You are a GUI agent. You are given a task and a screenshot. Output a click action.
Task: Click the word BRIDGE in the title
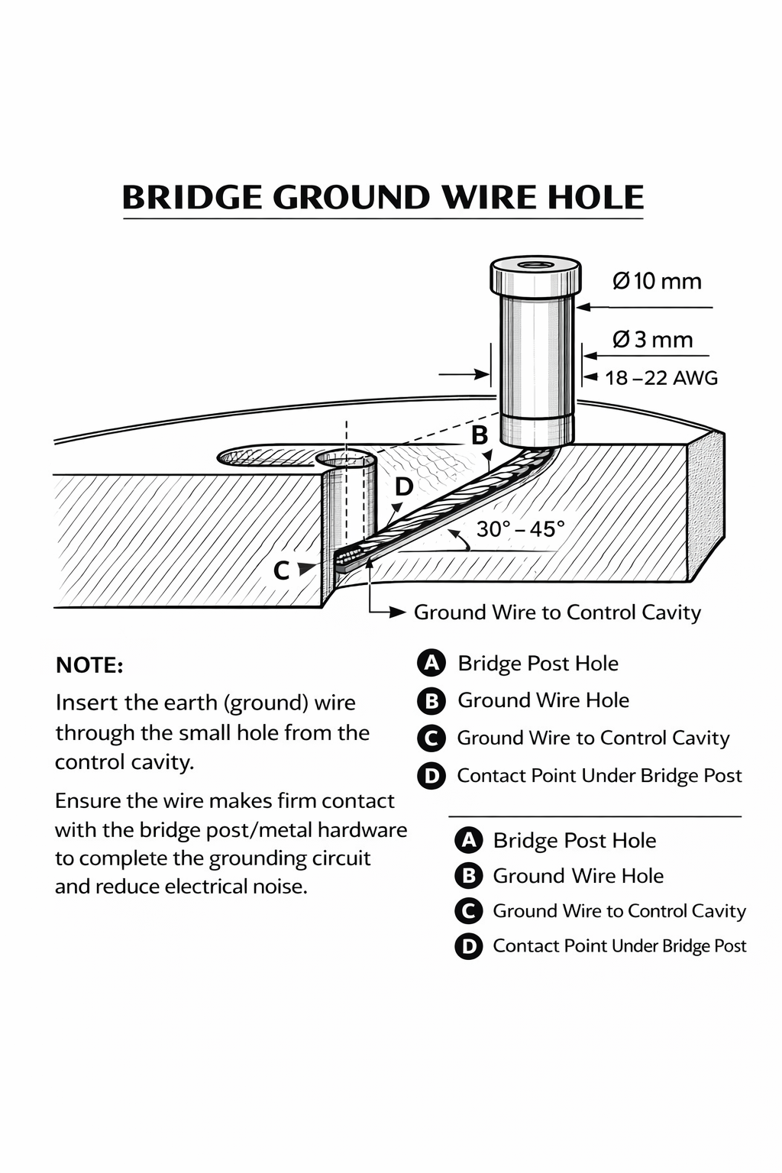tap(192, 198)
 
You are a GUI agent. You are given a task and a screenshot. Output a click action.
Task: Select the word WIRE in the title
tap(490, 198)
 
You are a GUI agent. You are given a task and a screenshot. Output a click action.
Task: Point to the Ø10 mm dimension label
tap(657, 281)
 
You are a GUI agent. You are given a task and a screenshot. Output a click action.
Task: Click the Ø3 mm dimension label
tap(653, 339)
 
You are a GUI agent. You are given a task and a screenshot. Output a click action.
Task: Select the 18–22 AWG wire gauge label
tap(661, 378)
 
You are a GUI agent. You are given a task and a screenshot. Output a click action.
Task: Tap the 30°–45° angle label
tap(520, 528)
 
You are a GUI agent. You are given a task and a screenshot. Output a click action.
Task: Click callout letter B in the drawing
tap(479, 435)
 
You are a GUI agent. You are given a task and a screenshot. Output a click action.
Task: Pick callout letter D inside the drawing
tap(403, 486)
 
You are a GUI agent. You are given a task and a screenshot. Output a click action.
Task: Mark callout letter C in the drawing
tap(281, 570)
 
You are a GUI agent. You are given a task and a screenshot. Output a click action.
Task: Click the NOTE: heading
tap(89, 665)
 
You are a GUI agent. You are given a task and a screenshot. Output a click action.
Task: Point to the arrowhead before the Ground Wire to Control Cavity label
tap(397, 612)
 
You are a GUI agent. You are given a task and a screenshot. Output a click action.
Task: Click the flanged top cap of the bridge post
tap(535, 277)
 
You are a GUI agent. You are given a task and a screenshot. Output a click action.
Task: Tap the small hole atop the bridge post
tap(535, 264)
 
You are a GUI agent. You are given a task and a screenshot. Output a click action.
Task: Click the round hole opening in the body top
tap(346, 458)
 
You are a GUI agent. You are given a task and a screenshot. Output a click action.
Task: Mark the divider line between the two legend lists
tap(595, 816)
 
